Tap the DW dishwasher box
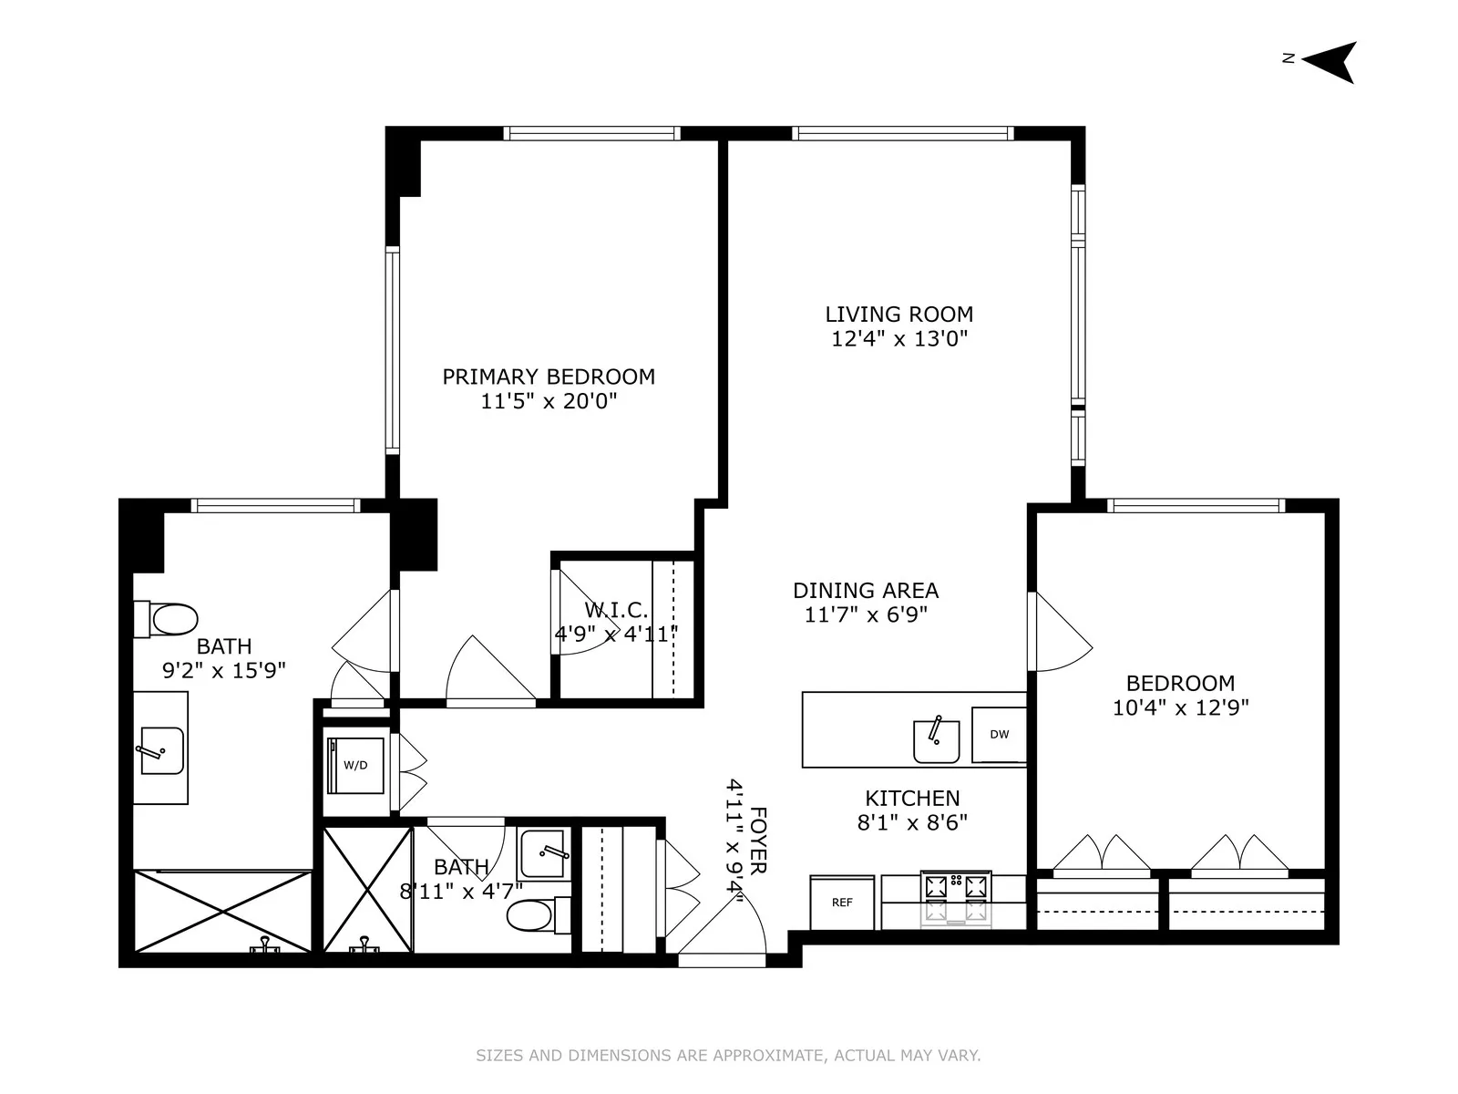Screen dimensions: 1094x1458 coord(999,735)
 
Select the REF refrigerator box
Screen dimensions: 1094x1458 coord(842,903)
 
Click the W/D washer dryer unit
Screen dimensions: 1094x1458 coord(355,765)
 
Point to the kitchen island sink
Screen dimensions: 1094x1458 coord(936,740)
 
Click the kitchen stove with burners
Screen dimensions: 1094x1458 coord(956,898)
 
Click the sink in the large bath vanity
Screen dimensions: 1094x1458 coord(160,750)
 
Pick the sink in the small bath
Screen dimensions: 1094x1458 coord(544,853)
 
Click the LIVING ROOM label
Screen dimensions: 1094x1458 coord(898,315)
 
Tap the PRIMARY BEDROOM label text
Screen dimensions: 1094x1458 coord(549,377)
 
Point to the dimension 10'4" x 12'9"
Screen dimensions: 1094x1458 coord(1180,707)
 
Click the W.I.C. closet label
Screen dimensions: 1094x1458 coord(616,609)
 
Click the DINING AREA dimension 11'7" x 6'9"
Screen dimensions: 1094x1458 coord(866,614)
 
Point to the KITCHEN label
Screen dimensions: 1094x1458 coord(912,799)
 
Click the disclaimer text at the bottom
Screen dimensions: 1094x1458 coord(728,1056)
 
